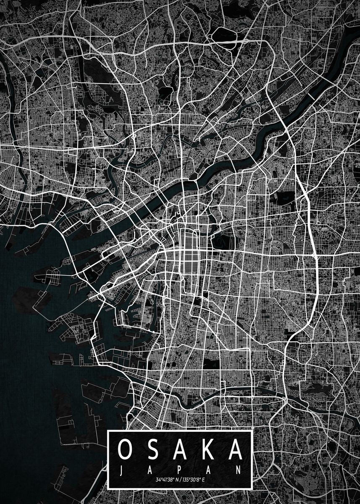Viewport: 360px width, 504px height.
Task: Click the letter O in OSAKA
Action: point(126,450)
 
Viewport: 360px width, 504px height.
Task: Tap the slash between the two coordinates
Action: point(181,480)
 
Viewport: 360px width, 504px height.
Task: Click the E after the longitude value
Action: point(204,480)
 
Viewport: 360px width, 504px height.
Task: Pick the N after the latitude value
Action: point(177,480)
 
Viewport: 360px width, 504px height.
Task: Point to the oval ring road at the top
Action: point(224,35)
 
